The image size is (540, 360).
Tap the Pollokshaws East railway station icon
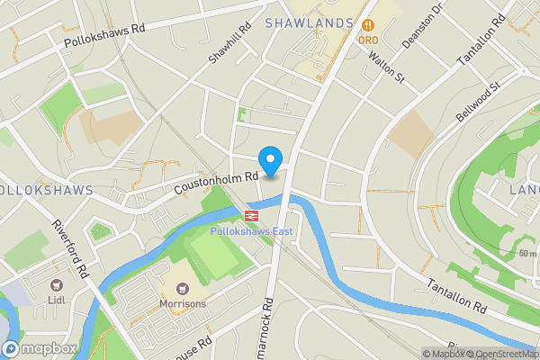pyautogui.click(x=251, y=215)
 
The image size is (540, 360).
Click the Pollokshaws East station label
pyautogui.click(x=251, y=231)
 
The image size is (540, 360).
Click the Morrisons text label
pyautogui.click(x=184, y=303)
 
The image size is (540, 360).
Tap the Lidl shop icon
pyautogui.click(x=56, y=285)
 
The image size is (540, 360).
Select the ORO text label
pyautogui.click(x=367, y=40)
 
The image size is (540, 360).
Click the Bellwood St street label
pyautogui.click(x=477, y=103)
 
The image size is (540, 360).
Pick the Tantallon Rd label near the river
pyautogui.click(x=455, y=294)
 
